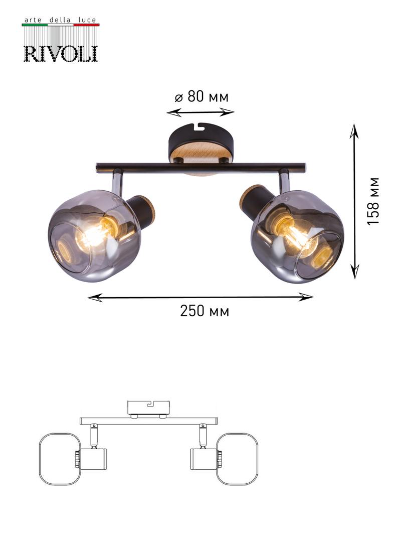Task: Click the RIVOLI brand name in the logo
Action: click(61, 54)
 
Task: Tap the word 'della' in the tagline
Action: click(60, 20)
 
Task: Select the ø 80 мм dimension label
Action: click(202, 96)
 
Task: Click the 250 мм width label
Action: click(205, 311)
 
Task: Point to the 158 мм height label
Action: click(373, 201)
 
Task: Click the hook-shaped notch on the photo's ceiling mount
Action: click(198, 127)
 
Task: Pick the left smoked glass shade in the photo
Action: click(94, 235)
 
